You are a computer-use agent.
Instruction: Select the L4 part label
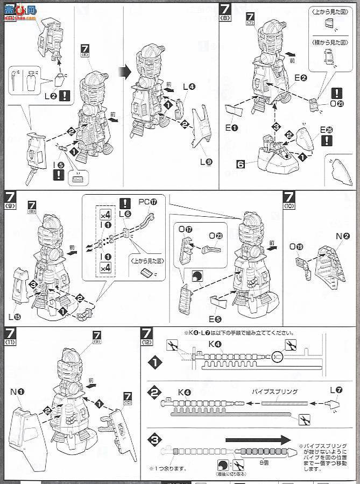pyautogui.click(x=189, y=86)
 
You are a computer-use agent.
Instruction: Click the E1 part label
pyautogui.click(x=232, y=128)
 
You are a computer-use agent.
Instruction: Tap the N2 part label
pyautogui.click(x=331, y=236)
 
